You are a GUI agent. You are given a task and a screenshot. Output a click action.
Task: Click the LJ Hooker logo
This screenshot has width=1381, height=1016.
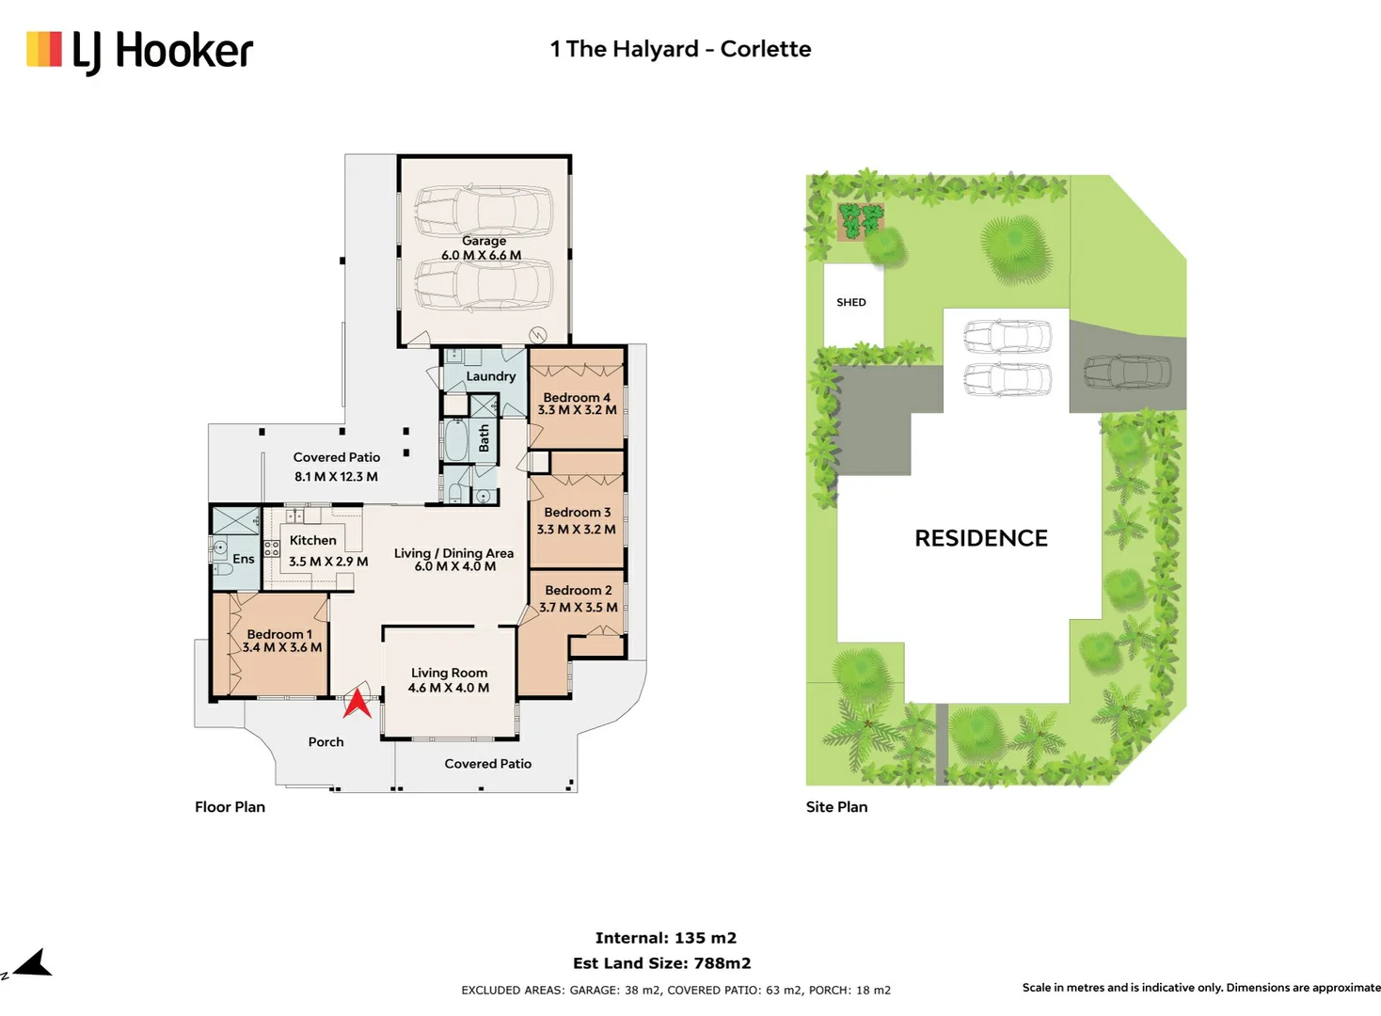click(139, 52)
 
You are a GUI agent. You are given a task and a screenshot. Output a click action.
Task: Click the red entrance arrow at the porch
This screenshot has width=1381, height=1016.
click(357, 704)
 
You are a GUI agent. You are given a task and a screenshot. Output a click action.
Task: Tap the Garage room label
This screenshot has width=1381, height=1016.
click(484, 241)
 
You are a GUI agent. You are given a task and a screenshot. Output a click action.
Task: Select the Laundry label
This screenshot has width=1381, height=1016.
click(491, 376)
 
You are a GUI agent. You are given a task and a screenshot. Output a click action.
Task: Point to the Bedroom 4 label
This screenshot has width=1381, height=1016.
click(577, 398)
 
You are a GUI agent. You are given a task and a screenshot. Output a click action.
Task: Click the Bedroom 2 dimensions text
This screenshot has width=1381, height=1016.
click(579, 608)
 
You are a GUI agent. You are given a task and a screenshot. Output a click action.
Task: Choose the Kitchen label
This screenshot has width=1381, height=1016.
click(313, 541)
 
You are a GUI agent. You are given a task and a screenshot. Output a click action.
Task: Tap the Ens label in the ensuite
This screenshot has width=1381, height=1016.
click(244, 559)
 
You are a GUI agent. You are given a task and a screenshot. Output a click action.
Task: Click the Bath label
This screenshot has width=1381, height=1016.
click(484, 437)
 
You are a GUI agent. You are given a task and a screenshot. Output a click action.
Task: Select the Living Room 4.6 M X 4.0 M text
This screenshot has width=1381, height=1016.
click(449, 680)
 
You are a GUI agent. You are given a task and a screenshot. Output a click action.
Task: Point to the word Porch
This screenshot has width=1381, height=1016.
click(326, 742)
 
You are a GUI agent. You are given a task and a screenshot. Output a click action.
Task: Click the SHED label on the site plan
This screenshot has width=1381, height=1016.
click(851, 302)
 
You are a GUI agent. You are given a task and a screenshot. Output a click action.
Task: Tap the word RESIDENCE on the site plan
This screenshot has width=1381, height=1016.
click(981, 538)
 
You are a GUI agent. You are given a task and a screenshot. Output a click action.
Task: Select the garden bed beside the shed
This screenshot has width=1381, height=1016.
click(862, 222)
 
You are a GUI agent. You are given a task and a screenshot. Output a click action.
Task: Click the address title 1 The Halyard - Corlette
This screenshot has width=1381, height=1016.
click(681, 49)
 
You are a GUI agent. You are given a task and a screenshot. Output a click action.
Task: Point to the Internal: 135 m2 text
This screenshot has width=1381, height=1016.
click(666, 938)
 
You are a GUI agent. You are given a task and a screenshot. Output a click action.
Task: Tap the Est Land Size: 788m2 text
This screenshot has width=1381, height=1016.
click(662, 963)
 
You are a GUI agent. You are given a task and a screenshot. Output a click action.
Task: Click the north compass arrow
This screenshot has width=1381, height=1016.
click(33, 963)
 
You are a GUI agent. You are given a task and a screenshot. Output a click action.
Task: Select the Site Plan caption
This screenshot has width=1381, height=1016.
click(836, 807)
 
